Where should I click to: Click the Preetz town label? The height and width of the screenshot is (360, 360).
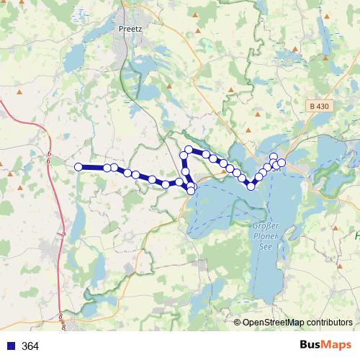click(x=129, y=30)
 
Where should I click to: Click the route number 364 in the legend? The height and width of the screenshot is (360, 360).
click(x=30, y=346)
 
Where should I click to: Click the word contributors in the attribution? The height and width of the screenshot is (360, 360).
click(x=329, y=323)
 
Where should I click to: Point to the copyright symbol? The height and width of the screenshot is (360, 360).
click(x=238, y=323)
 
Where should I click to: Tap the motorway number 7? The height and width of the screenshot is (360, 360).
click(x=63, y=235)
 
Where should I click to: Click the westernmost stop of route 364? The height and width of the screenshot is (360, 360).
click(x=78, y=167)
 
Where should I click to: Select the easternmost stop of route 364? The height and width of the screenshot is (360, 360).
click(x=282, y=163)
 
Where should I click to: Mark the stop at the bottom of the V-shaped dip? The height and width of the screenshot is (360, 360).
click(x=251, y=186)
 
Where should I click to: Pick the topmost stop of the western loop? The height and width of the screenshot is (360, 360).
click(x=189, y=150)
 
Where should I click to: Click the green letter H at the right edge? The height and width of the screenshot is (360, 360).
click(x=357, y=235)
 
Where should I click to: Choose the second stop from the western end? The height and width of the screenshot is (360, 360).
click(x=107, y=168)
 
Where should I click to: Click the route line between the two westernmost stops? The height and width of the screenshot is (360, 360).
click(x=92, y=167)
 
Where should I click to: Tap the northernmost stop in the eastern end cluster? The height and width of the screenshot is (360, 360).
click(x=274, y=157)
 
